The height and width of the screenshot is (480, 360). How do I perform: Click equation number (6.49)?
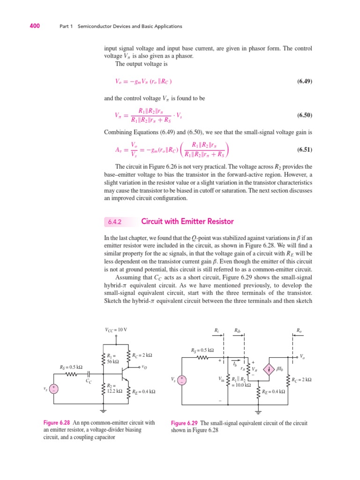(305, 81)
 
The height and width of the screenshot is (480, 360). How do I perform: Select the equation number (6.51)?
(305, 150)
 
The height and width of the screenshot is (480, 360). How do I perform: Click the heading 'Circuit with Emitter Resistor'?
(187, 221)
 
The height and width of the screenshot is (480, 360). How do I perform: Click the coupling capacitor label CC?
(89, 382)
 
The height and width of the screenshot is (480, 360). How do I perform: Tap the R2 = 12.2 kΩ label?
(114, 388)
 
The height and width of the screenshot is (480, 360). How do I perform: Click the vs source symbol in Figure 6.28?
(55, 388)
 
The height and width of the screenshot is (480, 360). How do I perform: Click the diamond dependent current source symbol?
(270, 369)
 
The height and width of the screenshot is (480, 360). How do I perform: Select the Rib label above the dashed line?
(238, 330)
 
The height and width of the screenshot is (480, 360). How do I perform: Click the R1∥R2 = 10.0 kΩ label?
(240, 382)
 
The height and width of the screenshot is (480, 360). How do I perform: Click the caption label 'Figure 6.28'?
(57, 422)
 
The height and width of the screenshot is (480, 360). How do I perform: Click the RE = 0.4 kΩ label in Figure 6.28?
(143, 391)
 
